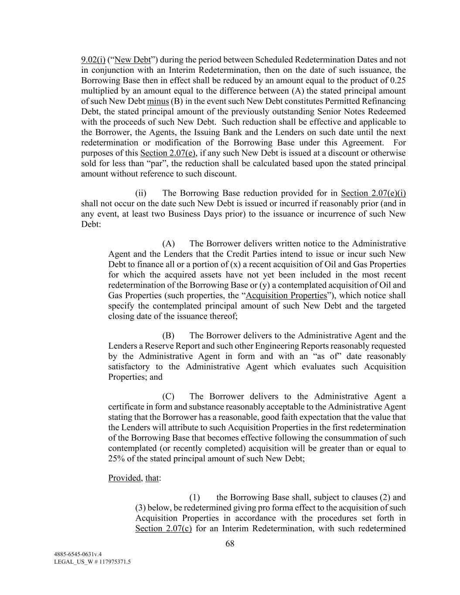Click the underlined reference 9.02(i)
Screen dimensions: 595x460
[x=93, y=60]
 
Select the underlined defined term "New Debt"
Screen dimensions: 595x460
[x=132, y=60]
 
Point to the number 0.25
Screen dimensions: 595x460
[x=398, y=81]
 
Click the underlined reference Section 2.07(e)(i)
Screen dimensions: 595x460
[x=373, y=193]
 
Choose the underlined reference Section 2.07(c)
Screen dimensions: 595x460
[x=164, y=529]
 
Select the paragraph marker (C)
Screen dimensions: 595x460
[x=168, y=397]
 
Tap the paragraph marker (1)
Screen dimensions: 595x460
[x=194, y=497]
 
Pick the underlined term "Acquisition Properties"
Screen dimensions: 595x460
[x=286, y=296]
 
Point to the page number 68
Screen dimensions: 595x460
[x=230, y=544]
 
